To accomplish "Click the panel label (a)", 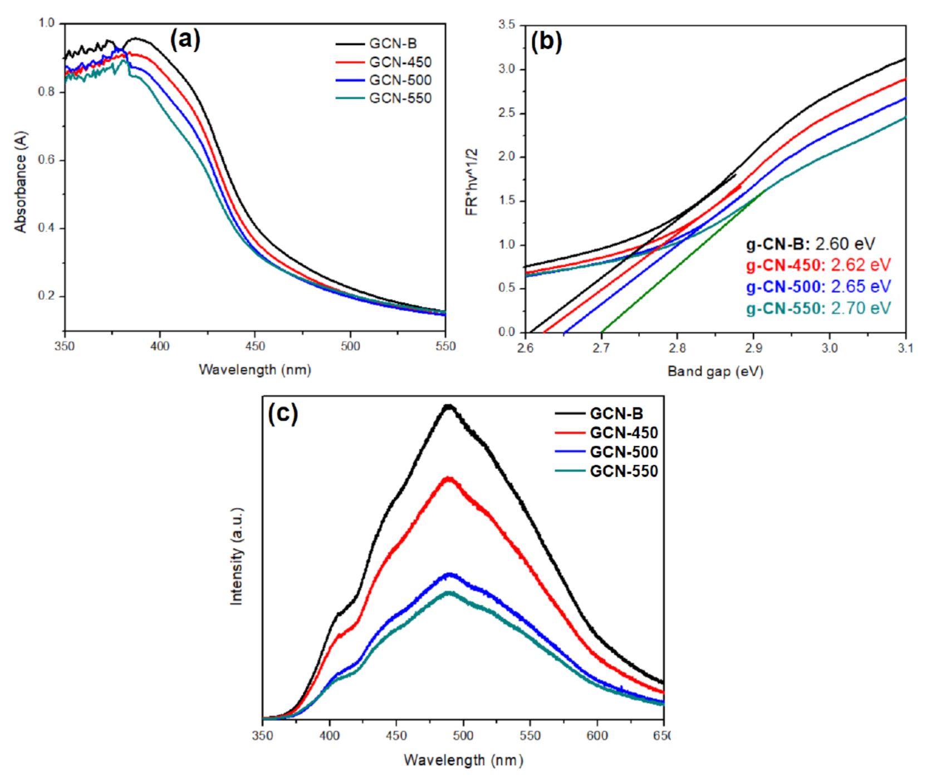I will coord(185,40).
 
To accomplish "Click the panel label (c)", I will coord(283,414).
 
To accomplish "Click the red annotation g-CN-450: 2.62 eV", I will coord(818,265).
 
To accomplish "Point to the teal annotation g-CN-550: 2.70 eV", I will coord(818,308).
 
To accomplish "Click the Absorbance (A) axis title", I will coord(21,181).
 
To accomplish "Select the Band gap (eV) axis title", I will coord(715,371).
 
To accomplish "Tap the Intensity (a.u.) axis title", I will coord(237,556).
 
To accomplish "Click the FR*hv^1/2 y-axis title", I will coord(472,182).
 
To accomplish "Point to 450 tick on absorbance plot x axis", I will coord(255,346).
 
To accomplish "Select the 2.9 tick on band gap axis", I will coord(753,348).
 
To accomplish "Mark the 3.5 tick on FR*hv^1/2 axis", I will coord(506,25).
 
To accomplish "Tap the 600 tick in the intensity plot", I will coord(597,735).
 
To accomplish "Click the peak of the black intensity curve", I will coord(449,406).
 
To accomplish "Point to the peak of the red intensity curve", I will coord(448,478).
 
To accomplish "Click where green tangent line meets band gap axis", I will coord(602,332).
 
